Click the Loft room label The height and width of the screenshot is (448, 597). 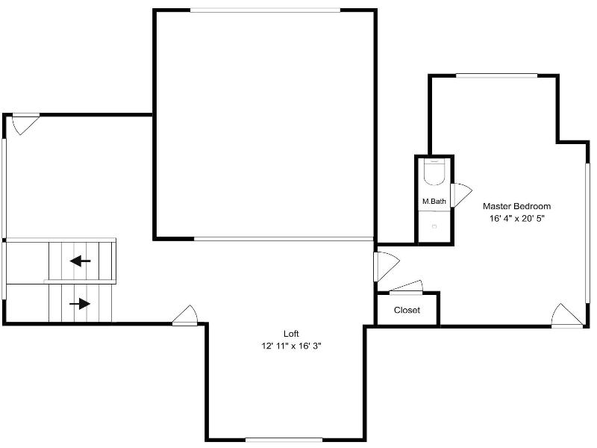pyautogui.click(x=291, y=334)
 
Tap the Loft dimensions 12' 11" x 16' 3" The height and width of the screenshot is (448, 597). pyautogui.click(x=291, y=346)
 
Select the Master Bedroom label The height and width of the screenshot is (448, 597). pyautogui.click(x=516, y=206)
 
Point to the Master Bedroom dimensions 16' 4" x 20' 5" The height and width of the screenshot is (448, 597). pyautogui.click(x=516, y=219)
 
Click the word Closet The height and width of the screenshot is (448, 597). pyautogui.click(x=407, y=310)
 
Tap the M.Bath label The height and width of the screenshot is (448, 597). pyautogui.click(x=434, y=201)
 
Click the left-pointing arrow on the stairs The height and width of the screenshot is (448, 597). pyautogui.click(x=81, y=261)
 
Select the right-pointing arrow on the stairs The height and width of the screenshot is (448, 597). pyautogui.click(x=80, y=304)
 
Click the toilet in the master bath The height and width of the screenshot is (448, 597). pyautogui.click(x=434, y=172)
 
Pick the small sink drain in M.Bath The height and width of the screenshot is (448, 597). pyautogui.click(x=434, y=227)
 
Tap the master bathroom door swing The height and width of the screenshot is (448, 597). pyautogui.click(x=461, y=195)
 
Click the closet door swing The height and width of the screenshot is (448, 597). pyautogui.click(x=406, y=287)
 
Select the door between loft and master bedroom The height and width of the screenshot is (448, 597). pyautogui.click(x=387, y=267)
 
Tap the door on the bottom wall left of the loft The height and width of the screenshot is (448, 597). pyautogui.click(x=185, y=315)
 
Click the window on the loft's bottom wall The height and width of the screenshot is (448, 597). pyautogui.click(x=284, y=440)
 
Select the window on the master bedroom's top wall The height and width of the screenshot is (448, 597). pyautogui.click(x=497, y=76)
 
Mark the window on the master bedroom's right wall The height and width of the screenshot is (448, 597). pyautogui.click(x=587, y=234)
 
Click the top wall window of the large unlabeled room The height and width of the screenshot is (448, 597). pyautogui.click(x=265, y=10)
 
